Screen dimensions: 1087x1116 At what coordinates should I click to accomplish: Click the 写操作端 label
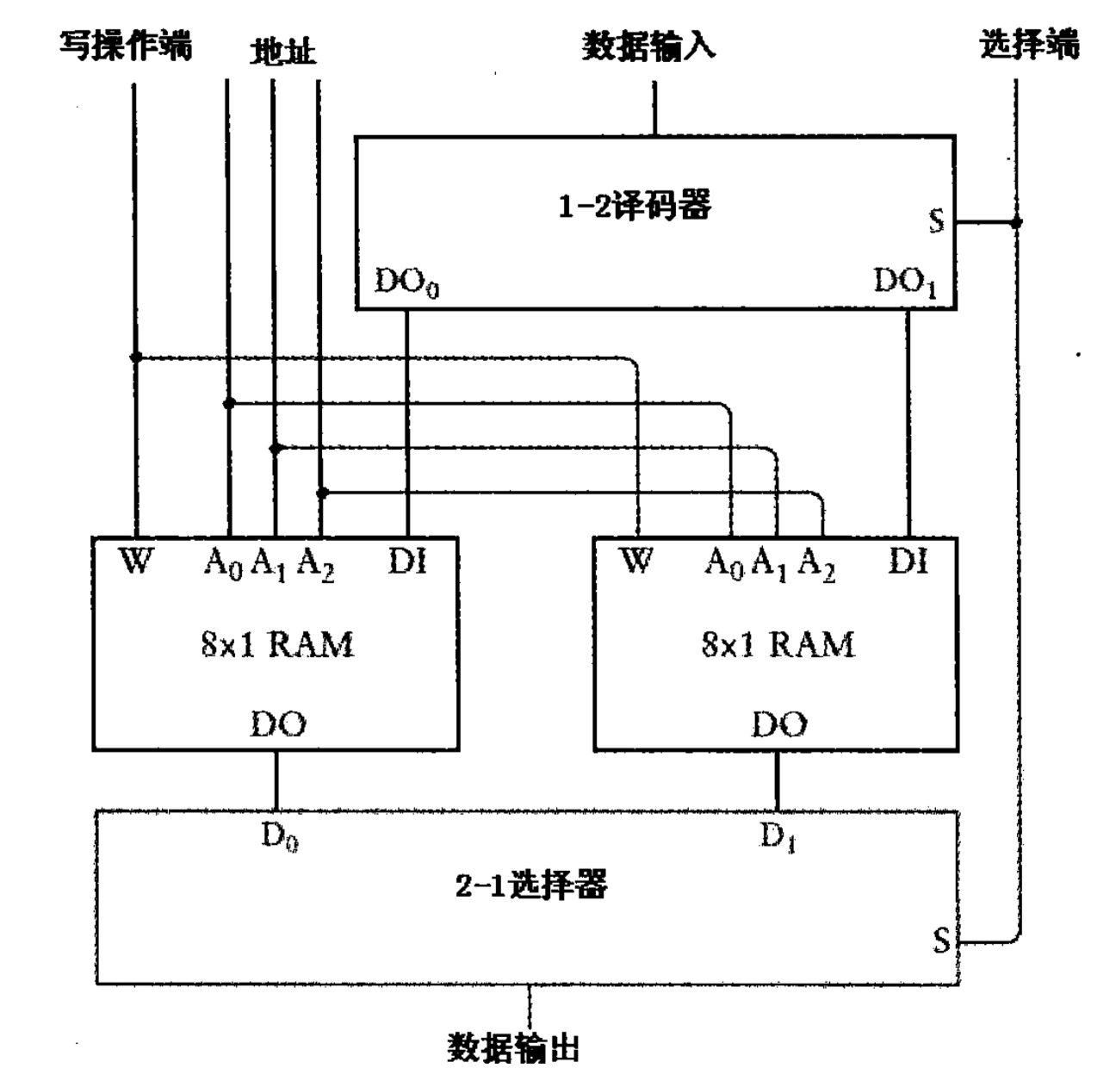coord(126,45)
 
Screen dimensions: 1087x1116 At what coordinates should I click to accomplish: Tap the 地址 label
coord(282,52)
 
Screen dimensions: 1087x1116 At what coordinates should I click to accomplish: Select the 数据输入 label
coord(648,45)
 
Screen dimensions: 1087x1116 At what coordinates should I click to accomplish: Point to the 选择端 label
coord(1029,43)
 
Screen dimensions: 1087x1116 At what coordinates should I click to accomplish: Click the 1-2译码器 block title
coord(635,206)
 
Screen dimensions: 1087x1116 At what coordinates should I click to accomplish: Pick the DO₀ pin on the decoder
coord(407,283)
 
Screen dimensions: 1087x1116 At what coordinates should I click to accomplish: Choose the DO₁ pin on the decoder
coord(905,282)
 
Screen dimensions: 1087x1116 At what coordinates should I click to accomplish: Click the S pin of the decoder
coord(936,221)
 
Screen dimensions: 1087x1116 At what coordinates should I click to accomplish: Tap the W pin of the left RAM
coord(135,562)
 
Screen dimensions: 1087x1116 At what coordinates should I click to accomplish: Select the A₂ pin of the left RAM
coord(315,564)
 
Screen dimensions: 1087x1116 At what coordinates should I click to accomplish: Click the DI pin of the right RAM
coord(908,562)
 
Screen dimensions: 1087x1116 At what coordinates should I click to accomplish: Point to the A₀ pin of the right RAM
coord(724,564)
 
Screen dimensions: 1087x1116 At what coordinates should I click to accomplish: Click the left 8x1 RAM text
coord(276,644)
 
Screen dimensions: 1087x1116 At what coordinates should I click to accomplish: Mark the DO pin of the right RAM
coord(778,724)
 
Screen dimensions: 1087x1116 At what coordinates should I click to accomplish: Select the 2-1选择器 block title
coord(531,884)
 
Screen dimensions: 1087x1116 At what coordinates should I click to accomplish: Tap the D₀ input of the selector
coord(279,835)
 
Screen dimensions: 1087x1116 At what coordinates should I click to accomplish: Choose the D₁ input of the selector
coord(777,835)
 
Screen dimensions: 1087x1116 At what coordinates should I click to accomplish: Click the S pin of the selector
coord(941,940)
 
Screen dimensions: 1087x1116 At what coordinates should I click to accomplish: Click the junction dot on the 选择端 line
coord(1016,222)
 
